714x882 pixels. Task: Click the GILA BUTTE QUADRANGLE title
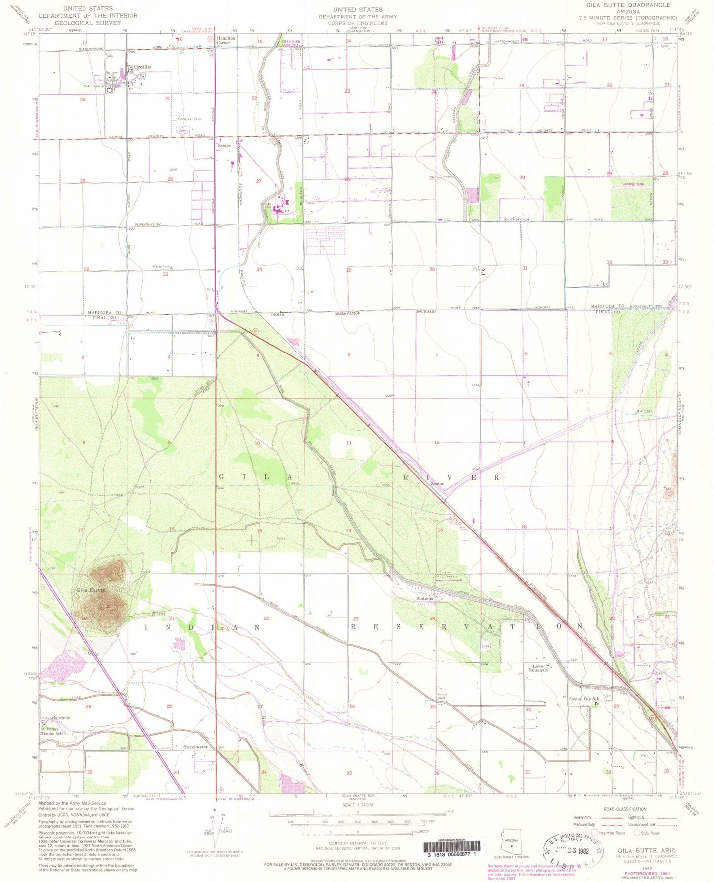pos(628,5)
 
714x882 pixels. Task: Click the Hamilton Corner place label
pos(226,40)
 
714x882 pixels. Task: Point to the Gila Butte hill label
pos(90,590)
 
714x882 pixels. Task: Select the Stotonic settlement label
pos(424,598)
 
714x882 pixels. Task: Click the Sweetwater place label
pos(195,747)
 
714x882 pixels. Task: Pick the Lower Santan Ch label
pos(538,668)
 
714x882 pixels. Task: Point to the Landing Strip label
pos(632,184)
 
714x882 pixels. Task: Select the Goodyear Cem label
pos(189,119)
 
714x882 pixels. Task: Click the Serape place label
pos(224,146)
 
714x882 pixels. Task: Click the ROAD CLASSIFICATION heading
pos(625,809)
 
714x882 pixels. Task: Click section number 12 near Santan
pos(437,442)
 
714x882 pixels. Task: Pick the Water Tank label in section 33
pos(162,267)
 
